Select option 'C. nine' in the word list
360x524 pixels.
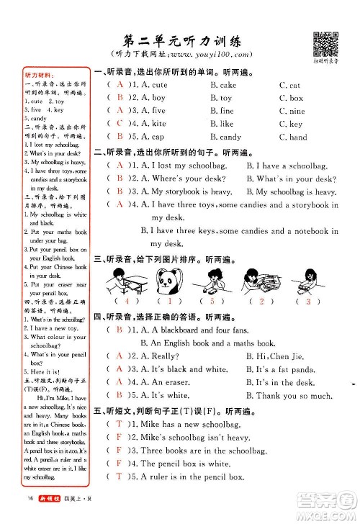292,112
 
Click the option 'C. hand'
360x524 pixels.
293,137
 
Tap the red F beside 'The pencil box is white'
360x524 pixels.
117,464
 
